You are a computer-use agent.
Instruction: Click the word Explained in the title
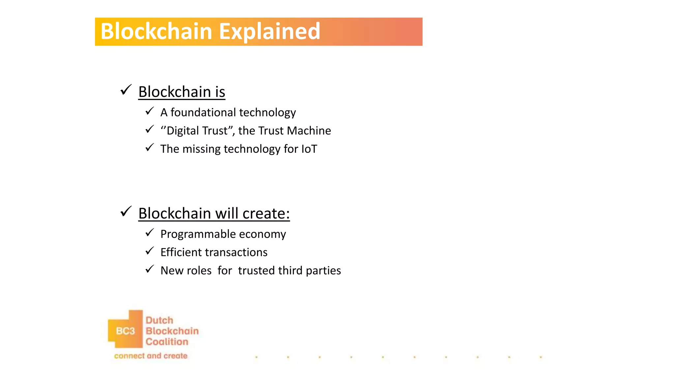click(x=269, y=32)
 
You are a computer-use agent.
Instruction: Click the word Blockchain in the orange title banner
click(x=156, y=32)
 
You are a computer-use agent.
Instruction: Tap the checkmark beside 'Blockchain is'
click(x=126, y=90)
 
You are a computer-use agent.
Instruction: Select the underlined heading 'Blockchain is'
click(x=182, y=92)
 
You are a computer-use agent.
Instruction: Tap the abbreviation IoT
click(x=309, y=149)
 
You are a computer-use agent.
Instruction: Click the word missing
click(x=201, y=149)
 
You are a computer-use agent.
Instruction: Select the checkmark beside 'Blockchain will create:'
click(x=126, y=211)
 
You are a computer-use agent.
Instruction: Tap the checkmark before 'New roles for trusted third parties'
click(x=150, y=269)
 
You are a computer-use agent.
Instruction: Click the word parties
click(x=323, y=271)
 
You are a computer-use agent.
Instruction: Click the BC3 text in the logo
click(x=125, y=331)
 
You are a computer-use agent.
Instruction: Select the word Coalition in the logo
click(x=167, y=342)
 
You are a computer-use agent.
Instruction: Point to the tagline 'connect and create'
click(x=151, y=356)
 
